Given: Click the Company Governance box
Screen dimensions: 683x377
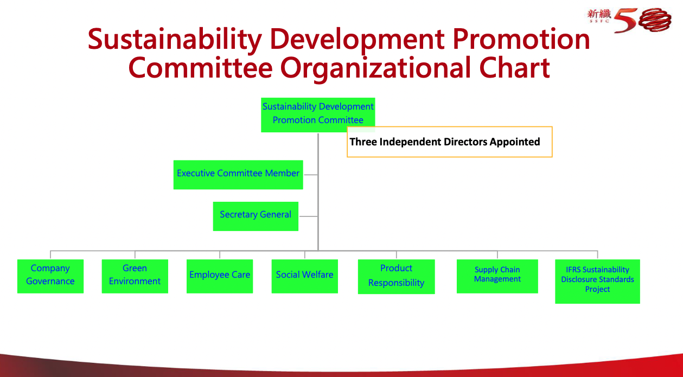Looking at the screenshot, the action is click(x=50, y=276).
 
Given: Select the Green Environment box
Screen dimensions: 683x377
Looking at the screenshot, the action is click(x=135, y=276).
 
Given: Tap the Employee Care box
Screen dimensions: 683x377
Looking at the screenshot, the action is click(x=220, y=276).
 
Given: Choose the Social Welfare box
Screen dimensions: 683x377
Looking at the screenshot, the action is click(x=304, y=276).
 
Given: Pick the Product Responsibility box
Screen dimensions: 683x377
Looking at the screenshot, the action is click(x=397, y=277).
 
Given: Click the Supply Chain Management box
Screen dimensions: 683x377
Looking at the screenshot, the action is click(x=497, y=276).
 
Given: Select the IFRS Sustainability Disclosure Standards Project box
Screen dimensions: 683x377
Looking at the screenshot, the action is click(x=598, y=282).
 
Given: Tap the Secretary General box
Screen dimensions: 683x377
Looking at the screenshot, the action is click(x=256, y=216).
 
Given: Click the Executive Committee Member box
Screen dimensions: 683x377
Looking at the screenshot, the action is click(x=238, y=175).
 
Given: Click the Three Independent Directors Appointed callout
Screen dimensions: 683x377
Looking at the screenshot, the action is click(x=450, y=142).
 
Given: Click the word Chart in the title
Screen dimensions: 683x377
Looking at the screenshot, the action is click(x=514, y=68).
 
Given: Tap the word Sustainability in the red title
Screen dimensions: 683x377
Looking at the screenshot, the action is click(x=175, y=40).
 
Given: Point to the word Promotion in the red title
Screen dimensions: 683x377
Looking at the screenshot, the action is click(x=521, y=39).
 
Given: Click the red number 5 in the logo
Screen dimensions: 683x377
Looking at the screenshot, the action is click(x=625, y=21).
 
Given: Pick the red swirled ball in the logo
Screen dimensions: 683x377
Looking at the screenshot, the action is click(x=655, y=20).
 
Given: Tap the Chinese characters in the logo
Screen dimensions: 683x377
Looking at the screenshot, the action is click(x=599, y=14).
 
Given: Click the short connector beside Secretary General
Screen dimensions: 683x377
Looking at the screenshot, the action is click(x=309, y=216).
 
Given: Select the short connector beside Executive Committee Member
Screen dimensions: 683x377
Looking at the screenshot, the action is click(x=311, y=175).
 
